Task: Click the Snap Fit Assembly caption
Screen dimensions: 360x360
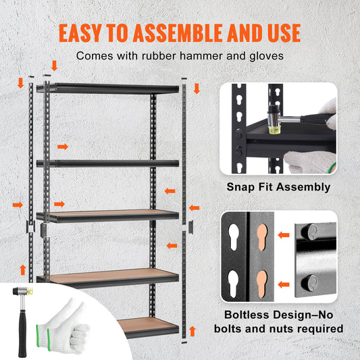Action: click(278, 187)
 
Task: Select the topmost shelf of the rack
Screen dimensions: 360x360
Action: click(108, 88)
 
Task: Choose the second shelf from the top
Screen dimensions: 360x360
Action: click(108, 163)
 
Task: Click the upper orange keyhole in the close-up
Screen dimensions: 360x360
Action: click(263, 241)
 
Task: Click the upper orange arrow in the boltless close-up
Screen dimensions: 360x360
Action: click(285, 236)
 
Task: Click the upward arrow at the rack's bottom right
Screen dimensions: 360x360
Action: click(192, 331)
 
